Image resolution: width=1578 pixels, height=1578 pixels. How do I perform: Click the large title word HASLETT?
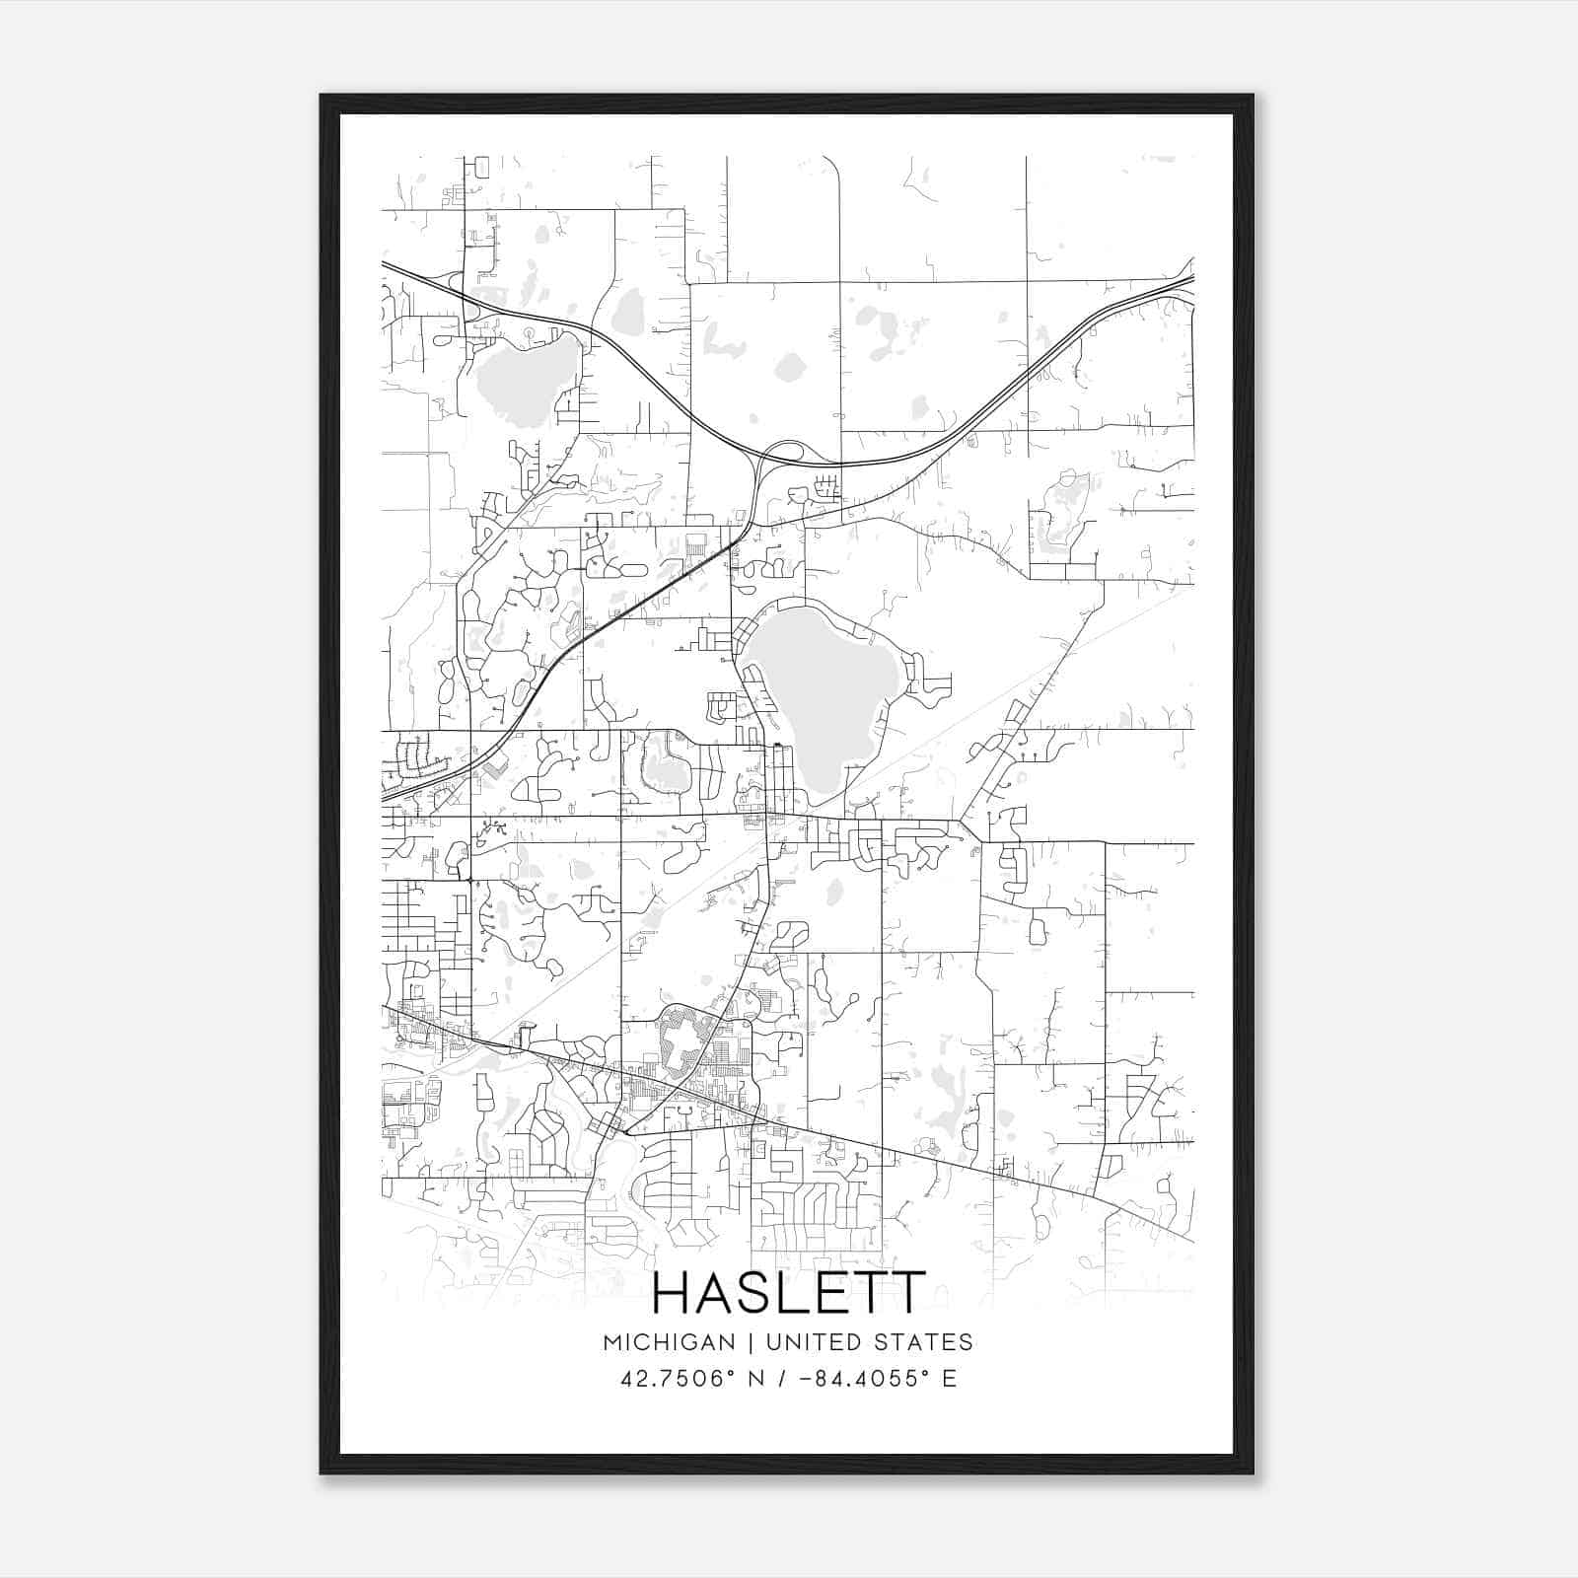pos(789,1292)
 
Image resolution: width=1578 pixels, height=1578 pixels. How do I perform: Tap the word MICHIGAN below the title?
pos(670,1342)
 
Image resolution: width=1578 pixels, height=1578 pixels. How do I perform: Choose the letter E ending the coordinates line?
pos(949,1379)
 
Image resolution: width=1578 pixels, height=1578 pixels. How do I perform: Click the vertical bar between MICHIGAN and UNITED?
pos(751,1342)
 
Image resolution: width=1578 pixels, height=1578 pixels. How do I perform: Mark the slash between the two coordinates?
pos(780,1379)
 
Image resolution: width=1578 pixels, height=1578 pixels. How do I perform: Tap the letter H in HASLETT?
pos(674,1292)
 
